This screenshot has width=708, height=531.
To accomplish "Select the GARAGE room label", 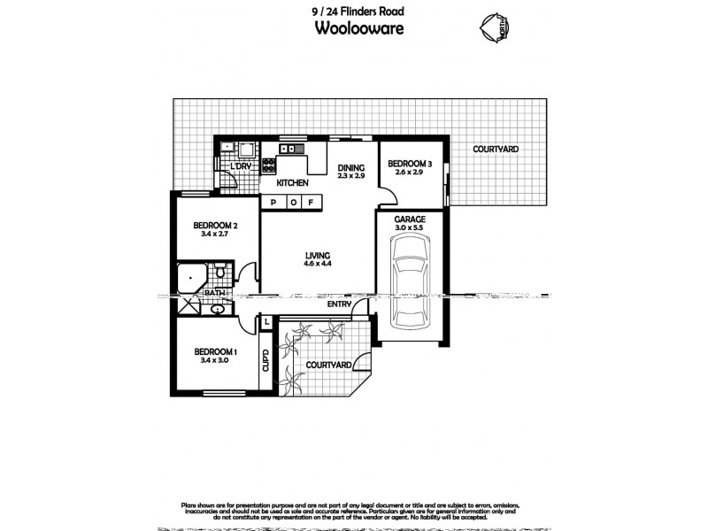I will (x=410, y=219).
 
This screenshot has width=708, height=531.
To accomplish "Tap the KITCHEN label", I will (x=292, y=183).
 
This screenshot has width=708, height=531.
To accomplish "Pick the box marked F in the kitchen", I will (x=311, y=203).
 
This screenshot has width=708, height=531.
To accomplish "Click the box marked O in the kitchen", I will (x=292, y=203).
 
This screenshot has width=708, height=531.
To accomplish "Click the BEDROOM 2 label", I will (x=214, y=226).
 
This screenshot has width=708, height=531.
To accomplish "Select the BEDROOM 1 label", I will (x=214, y=351).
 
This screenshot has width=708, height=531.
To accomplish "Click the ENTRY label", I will (x=339, y=304).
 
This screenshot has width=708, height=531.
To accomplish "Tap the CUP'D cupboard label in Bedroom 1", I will (x=265, y=361).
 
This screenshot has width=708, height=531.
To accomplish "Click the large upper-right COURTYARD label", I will (x=495, y=150).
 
